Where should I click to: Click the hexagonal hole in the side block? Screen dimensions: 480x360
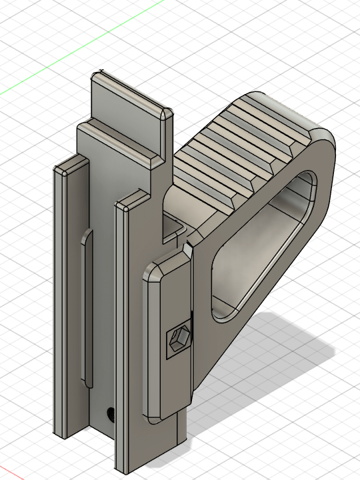click(179, 342)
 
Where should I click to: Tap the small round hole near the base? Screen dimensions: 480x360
click(110, 414)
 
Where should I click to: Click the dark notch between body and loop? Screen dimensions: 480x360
click(175, 230)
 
